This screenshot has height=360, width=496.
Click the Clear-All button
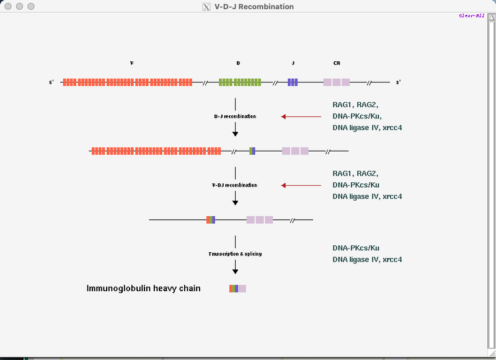pos(471,15)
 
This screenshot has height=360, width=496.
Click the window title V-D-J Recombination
pos(254,6)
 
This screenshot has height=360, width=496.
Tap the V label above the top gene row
pos(131,63)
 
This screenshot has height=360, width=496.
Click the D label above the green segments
pos(238,63)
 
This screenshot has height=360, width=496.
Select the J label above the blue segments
pos(293,63)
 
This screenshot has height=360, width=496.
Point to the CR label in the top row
pos(336,63)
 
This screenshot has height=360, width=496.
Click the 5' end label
pos(52,82)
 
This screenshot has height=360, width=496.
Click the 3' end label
pos(398,82)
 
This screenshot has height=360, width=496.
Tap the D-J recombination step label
pos(235,116)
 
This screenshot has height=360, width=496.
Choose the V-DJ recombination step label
pos(235,185)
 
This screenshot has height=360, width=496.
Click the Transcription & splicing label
pos(235,254)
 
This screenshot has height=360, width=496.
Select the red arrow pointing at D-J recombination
pos(301,116)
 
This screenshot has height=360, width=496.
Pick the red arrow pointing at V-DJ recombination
pos(301,185)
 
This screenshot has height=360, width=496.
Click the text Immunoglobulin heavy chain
pos(143,288)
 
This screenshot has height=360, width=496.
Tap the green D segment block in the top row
pos(240,82)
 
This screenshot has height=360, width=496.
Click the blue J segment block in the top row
pos(293,82)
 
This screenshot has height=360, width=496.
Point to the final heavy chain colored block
pos(237,289)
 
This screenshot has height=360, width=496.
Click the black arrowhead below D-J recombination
pos(235,133)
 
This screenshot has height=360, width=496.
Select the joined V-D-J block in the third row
pos(211,220)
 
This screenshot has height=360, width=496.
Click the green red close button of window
pos(8,6)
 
